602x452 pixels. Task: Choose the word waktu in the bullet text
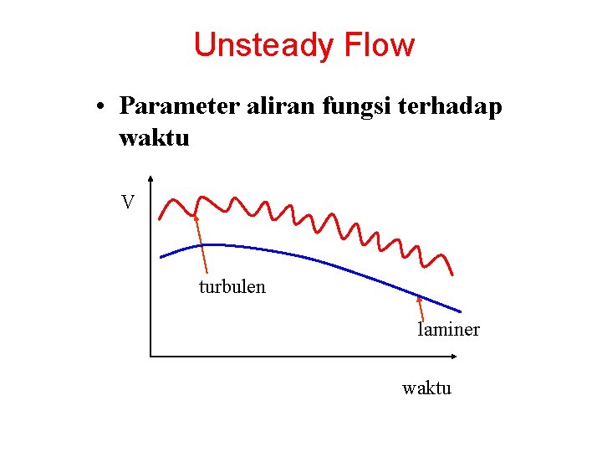(x=155, y=137)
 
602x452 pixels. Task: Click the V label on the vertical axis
(x=127, y=203)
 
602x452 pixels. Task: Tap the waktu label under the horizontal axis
(x=426, y=388)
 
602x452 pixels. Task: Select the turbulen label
(x=232, y=287)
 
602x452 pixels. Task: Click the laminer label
(x=449, y=329)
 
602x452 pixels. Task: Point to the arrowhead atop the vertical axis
(x=150, y=178)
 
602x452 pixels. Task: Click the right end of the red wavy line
(x=452, y=275)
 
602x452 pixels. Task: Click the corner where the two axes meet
(x=150, y=357)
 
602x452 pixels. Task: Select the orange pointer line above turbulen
(x=202, y=247)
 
